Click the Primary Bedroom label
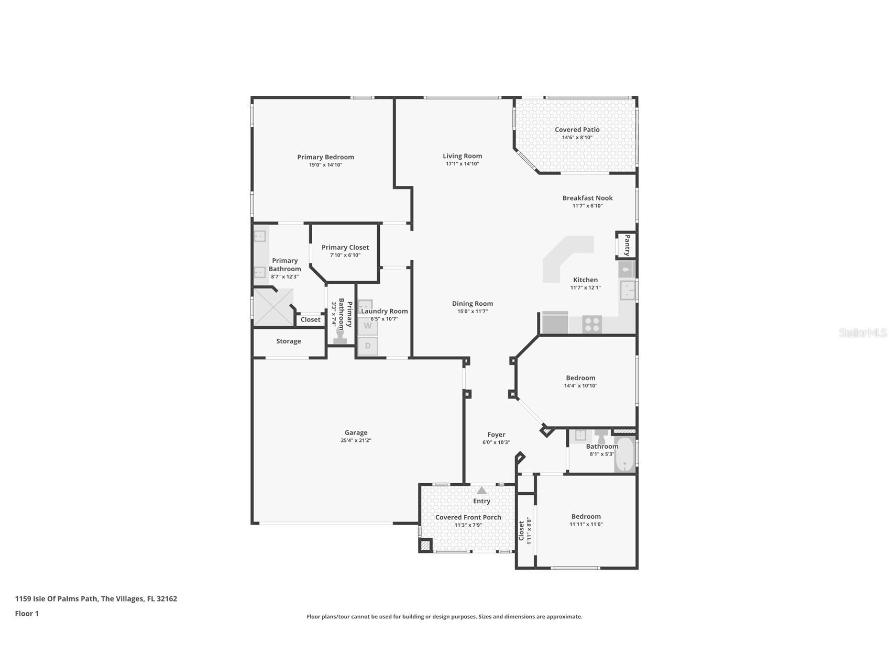pos(325,157)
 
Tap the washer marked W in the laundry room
pos(368,326)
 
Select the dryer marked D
pos(368,346)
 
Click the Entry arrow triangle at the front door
pos(481,491)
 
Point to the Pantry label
pos(627,245)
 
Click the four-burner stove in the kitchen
pos(592,325)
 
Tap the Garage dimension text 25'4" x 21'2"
pos(356,440)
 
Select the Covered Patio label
pos(577,130)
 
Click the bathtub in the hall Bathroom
pos(624,454)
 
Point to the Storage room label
pos(289,341)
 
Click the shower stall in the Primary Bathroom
pos(273,308)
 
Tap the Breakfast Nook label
pos(587,198)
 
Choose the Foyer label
pos(496,435)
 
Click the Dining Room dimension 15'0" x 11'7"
pos(472,312)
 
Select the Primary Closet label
pos(345,248)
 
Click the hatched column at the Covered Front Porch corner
pos(425,546)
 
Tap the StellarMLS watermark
pos(862,332)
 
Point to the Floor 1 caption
pos(27,614)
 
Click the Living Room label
pos(462,156)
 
